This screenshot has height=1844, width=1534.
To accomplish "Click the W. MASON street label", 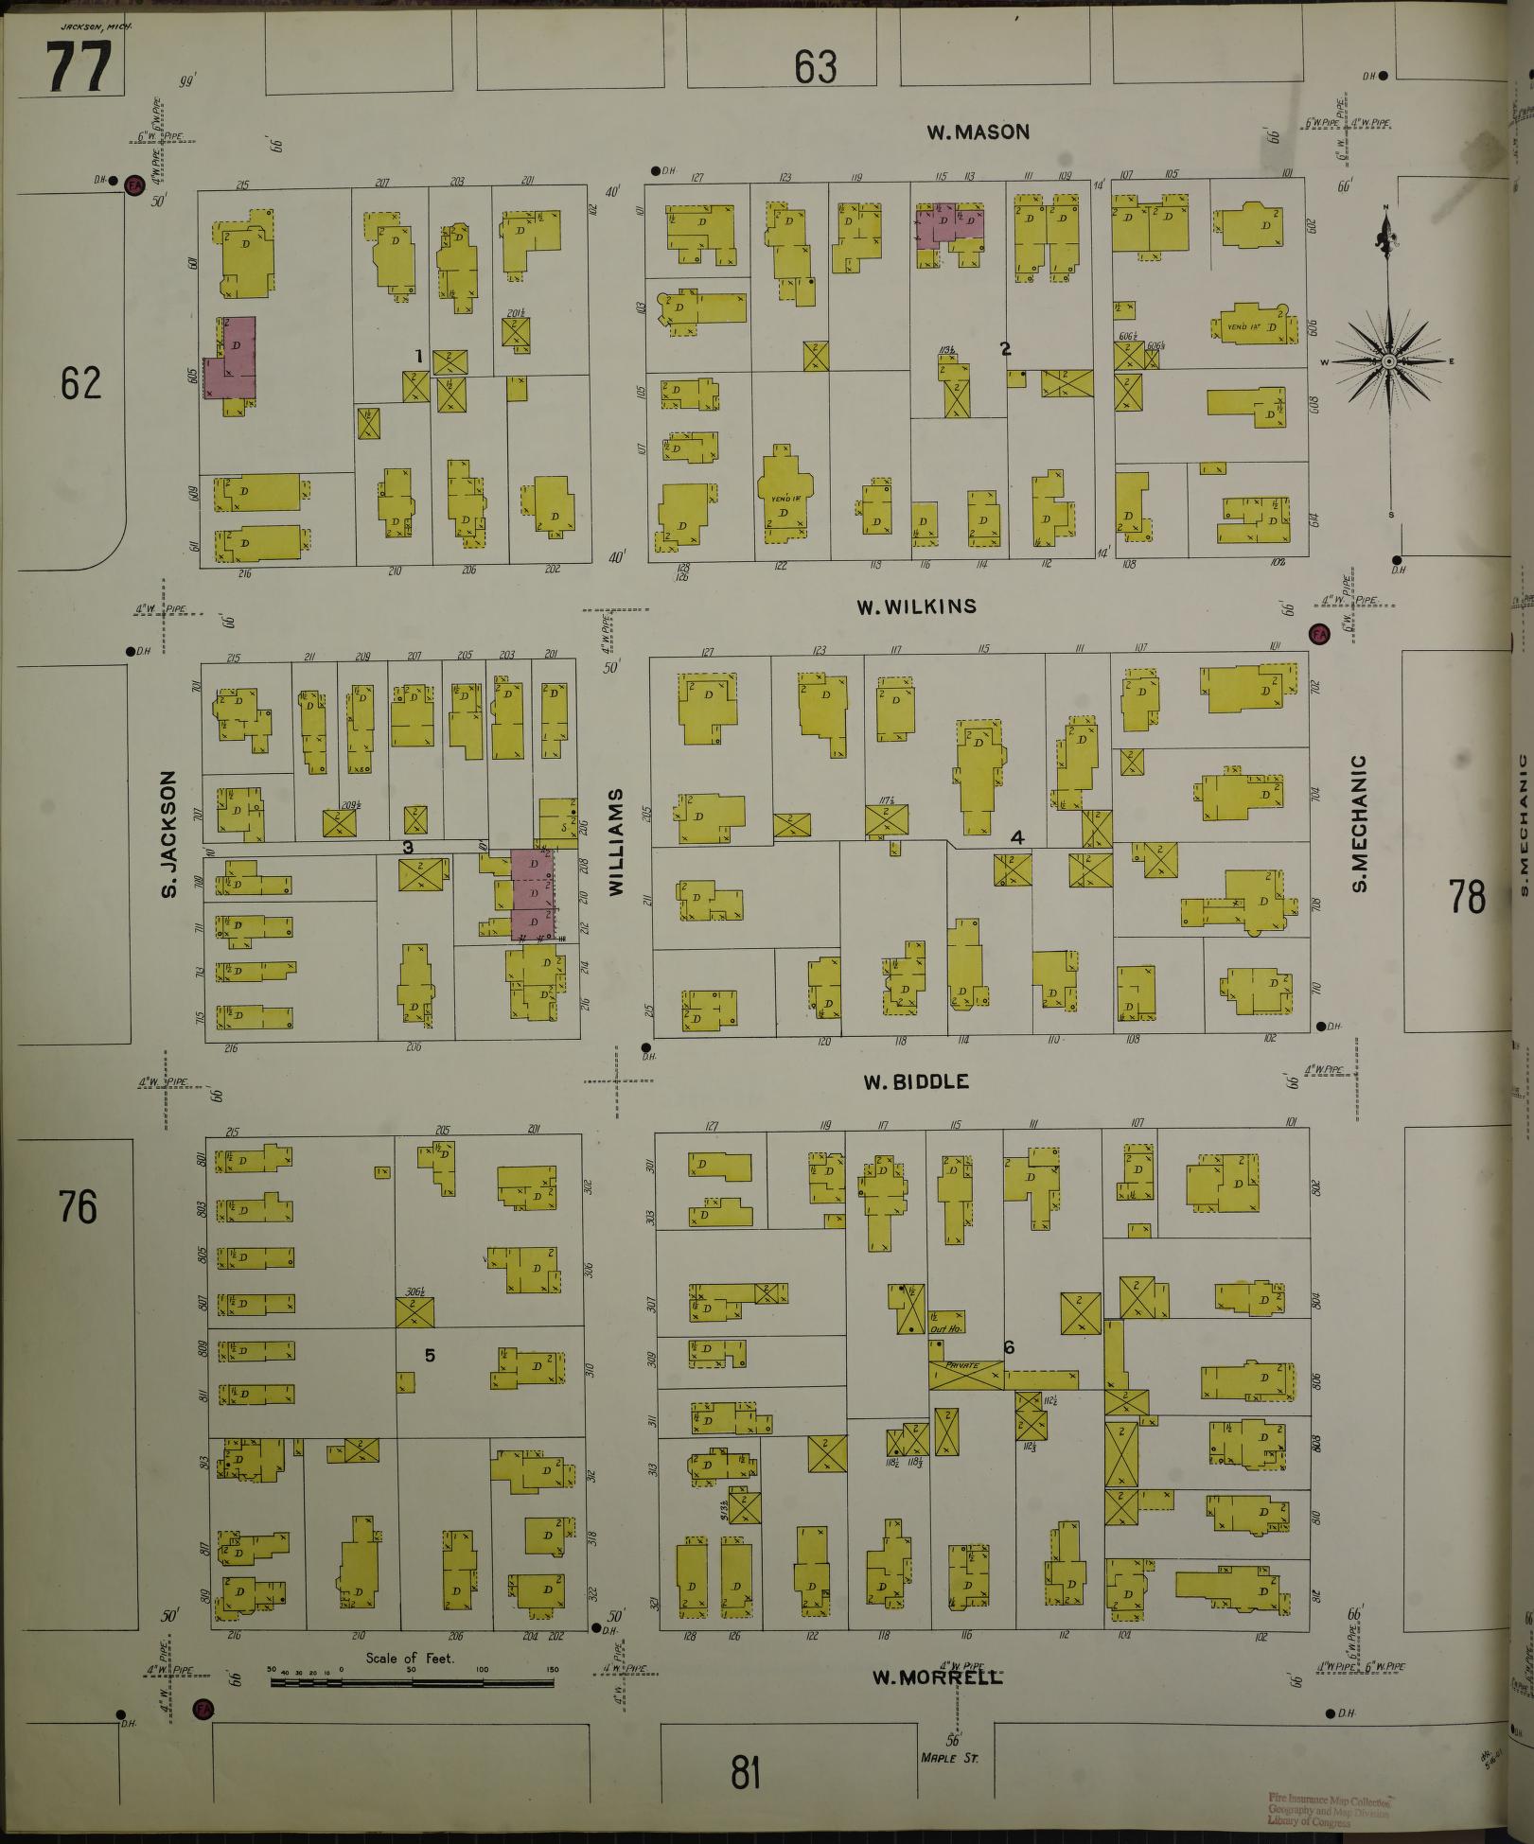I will pyautogui.click(x=978, y=132).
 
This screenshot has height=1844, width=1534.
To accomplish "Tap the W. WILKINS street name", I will pyautogui.click(x=916, y=606).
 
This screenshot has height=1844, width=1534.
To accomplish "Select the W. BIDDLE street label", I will pyautogui.click(x=916, y=1081).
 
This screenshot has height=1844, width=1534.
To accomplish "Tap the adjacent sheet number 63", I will pyautogui.click(x=816, y=67).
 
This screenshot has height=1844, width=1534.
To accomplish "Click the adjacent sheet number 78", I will pyautogui.click(x=1467, y=896).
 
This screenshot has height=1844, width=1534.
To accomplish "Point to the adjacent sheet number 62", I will pyautogui.click(x=80, y=383).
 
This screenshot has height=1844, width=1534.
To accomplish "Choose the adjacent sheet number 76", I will pyautogui.click(x=78, y=1206).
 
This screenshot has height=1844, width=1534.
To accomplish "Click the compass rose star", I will pyautogui.click(x=1388, y=361).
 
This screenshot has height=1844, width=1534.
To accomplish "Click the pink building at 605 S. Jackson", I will pyautogui.click(x=233, y=360).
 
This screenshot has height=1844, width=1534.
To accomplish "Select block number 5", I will pyautogui.click(x=429, y=1355).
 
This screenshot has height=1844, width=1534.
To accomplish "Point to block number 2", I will pyautogui.click(x=1005, y=349).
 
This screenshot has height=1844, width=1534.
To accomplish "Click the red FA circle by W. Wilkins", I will pyautogui.click(x=1317, y=634).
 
